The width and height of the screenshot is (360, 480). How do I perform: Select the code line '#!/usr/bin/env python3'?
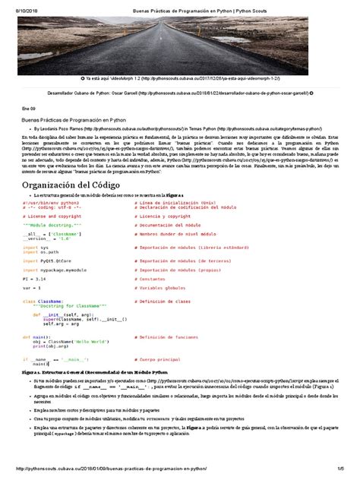[x=48, y=203]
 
